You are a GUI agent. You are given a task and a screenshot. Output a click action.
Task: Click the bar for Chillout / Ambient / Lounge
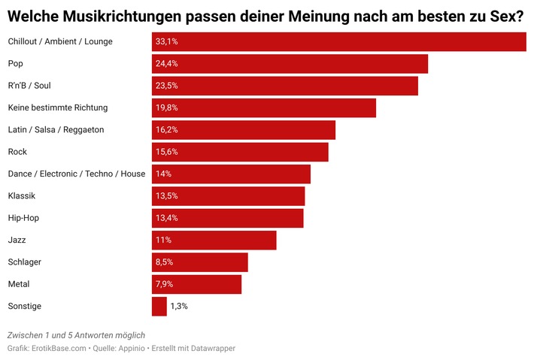pyautogui.click(x=338, y=41)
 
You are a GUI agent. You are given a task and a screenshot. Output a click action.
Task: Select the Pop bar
pyautogui.click(x=290, y=64)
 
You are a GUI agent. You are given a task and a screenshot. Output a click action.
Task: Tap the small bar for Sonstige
pyautogui.click(x=159, y=307)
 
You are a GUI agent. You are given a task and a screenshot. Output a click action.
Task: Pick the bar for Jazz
pyautogui.click(x=214, y=241)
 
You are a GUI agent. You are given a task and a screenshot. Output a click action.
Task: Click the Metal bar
pyautogui.click(x=196, y=284)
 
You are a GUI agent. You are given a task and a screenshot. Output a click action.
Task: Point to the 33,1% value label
pyautogui.click(x=166, y=41)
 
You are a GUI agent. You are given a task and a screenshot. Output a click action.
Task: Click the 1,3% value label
pyautogui.click(x=179, y=307)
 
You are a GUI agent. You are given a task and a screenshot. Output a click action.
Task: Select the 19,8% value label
pyautogui.click(x=166, y=107)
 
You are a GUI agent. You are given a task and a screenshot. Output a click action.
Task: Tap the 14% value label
pyautogui.click(x=163, y=174)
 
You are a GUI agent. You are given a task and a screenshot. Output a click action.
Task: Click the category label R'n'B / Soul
pyautogui.click(x=29, y=86)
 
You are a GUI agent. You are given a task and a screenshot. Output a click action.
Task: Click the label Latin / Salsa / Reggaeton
pyautogui.click(x=56, y=129)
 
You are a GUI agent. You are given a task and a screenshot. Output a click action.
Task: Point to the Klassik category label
pyautogui.click(x=22, y=196)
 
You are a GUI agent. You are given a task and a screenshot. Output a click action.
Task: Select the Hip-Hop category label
pyautogui.click(x=23, y=218)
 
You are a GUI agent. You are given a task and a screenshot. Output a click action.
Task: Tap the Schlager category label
pyautogui.click(x=25, y=262)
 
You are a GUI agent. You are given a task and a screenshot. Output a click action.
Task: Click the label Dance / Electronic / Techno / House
pyautogui.click(x=76, y=174)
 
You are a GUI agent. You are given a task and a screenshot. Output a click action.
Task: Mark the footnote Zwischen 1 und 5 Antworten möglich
pyautogui.click(x=76, y=334)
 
